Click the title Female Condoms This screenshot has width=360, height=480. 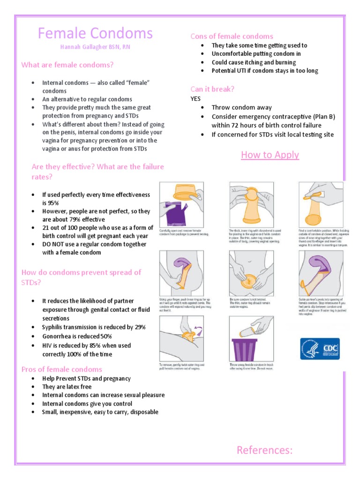(95, 33)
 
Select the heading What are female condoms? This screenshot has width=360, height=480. (67, 65)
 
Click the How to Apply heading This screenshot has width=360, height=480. (270, 155)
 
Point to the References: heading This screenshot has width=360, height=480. (264, 450)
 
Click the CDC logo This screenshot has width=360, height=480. (320, 349)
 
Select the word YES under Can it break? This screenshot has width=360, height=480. (195, 99)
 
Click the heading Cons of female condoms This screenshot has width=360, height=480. (232, 36)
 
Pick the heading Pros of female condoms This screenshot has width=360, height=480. (61, 369)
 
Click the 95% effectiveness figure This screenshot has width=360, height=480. (49, 202)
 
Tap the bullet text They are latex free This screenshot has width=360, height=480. (67, 387)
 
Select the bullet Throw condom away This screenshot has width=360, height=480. (238, 107)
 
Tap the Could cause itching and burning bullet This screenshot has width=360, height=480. (254, 62)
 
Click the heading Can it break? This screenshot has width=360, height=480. (212, 89)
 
